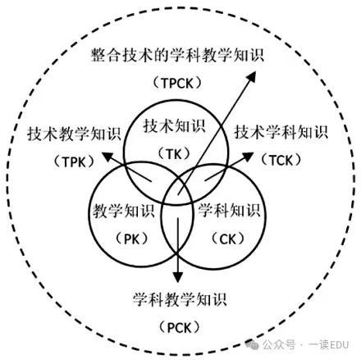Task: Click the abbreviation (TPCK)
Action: pos(177,83)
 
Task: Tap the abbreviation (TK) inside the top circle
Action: pos(174,154)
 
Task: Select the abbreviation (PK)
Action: pos(132,239)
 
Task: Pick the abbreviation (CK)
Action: pos(228,239)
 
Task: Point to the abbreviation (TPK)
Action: pos(74,162)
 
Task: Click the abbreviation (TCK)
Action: pos(281,160)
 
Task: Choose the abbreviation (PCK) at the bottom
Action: pos(179,327)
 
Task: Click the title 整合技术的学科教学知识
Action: pos(177,56)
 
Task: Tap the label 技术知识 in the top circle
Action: pos(174,126)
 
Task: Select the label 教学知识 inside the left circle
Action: pos(124,211)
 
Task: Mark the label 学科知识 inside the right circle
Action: pos(229,210)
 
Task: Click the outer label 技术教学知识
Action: pos(74,134)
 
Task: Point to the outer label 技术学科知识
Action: pos(281,133)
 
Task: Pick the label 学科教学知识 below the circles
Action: pos(180,299)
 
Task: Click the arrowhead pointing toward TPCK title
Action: pos(252,76)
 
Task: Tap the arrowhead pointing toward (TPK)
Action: pos(107,157)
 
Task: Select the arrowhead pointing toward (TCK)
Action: pos(248,157)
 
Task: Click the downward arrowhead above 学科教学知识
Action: pos(178,277)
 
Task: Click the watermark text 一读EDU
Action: pos(328,344)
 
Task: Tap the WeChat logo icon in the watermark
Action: pos(252,344)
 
